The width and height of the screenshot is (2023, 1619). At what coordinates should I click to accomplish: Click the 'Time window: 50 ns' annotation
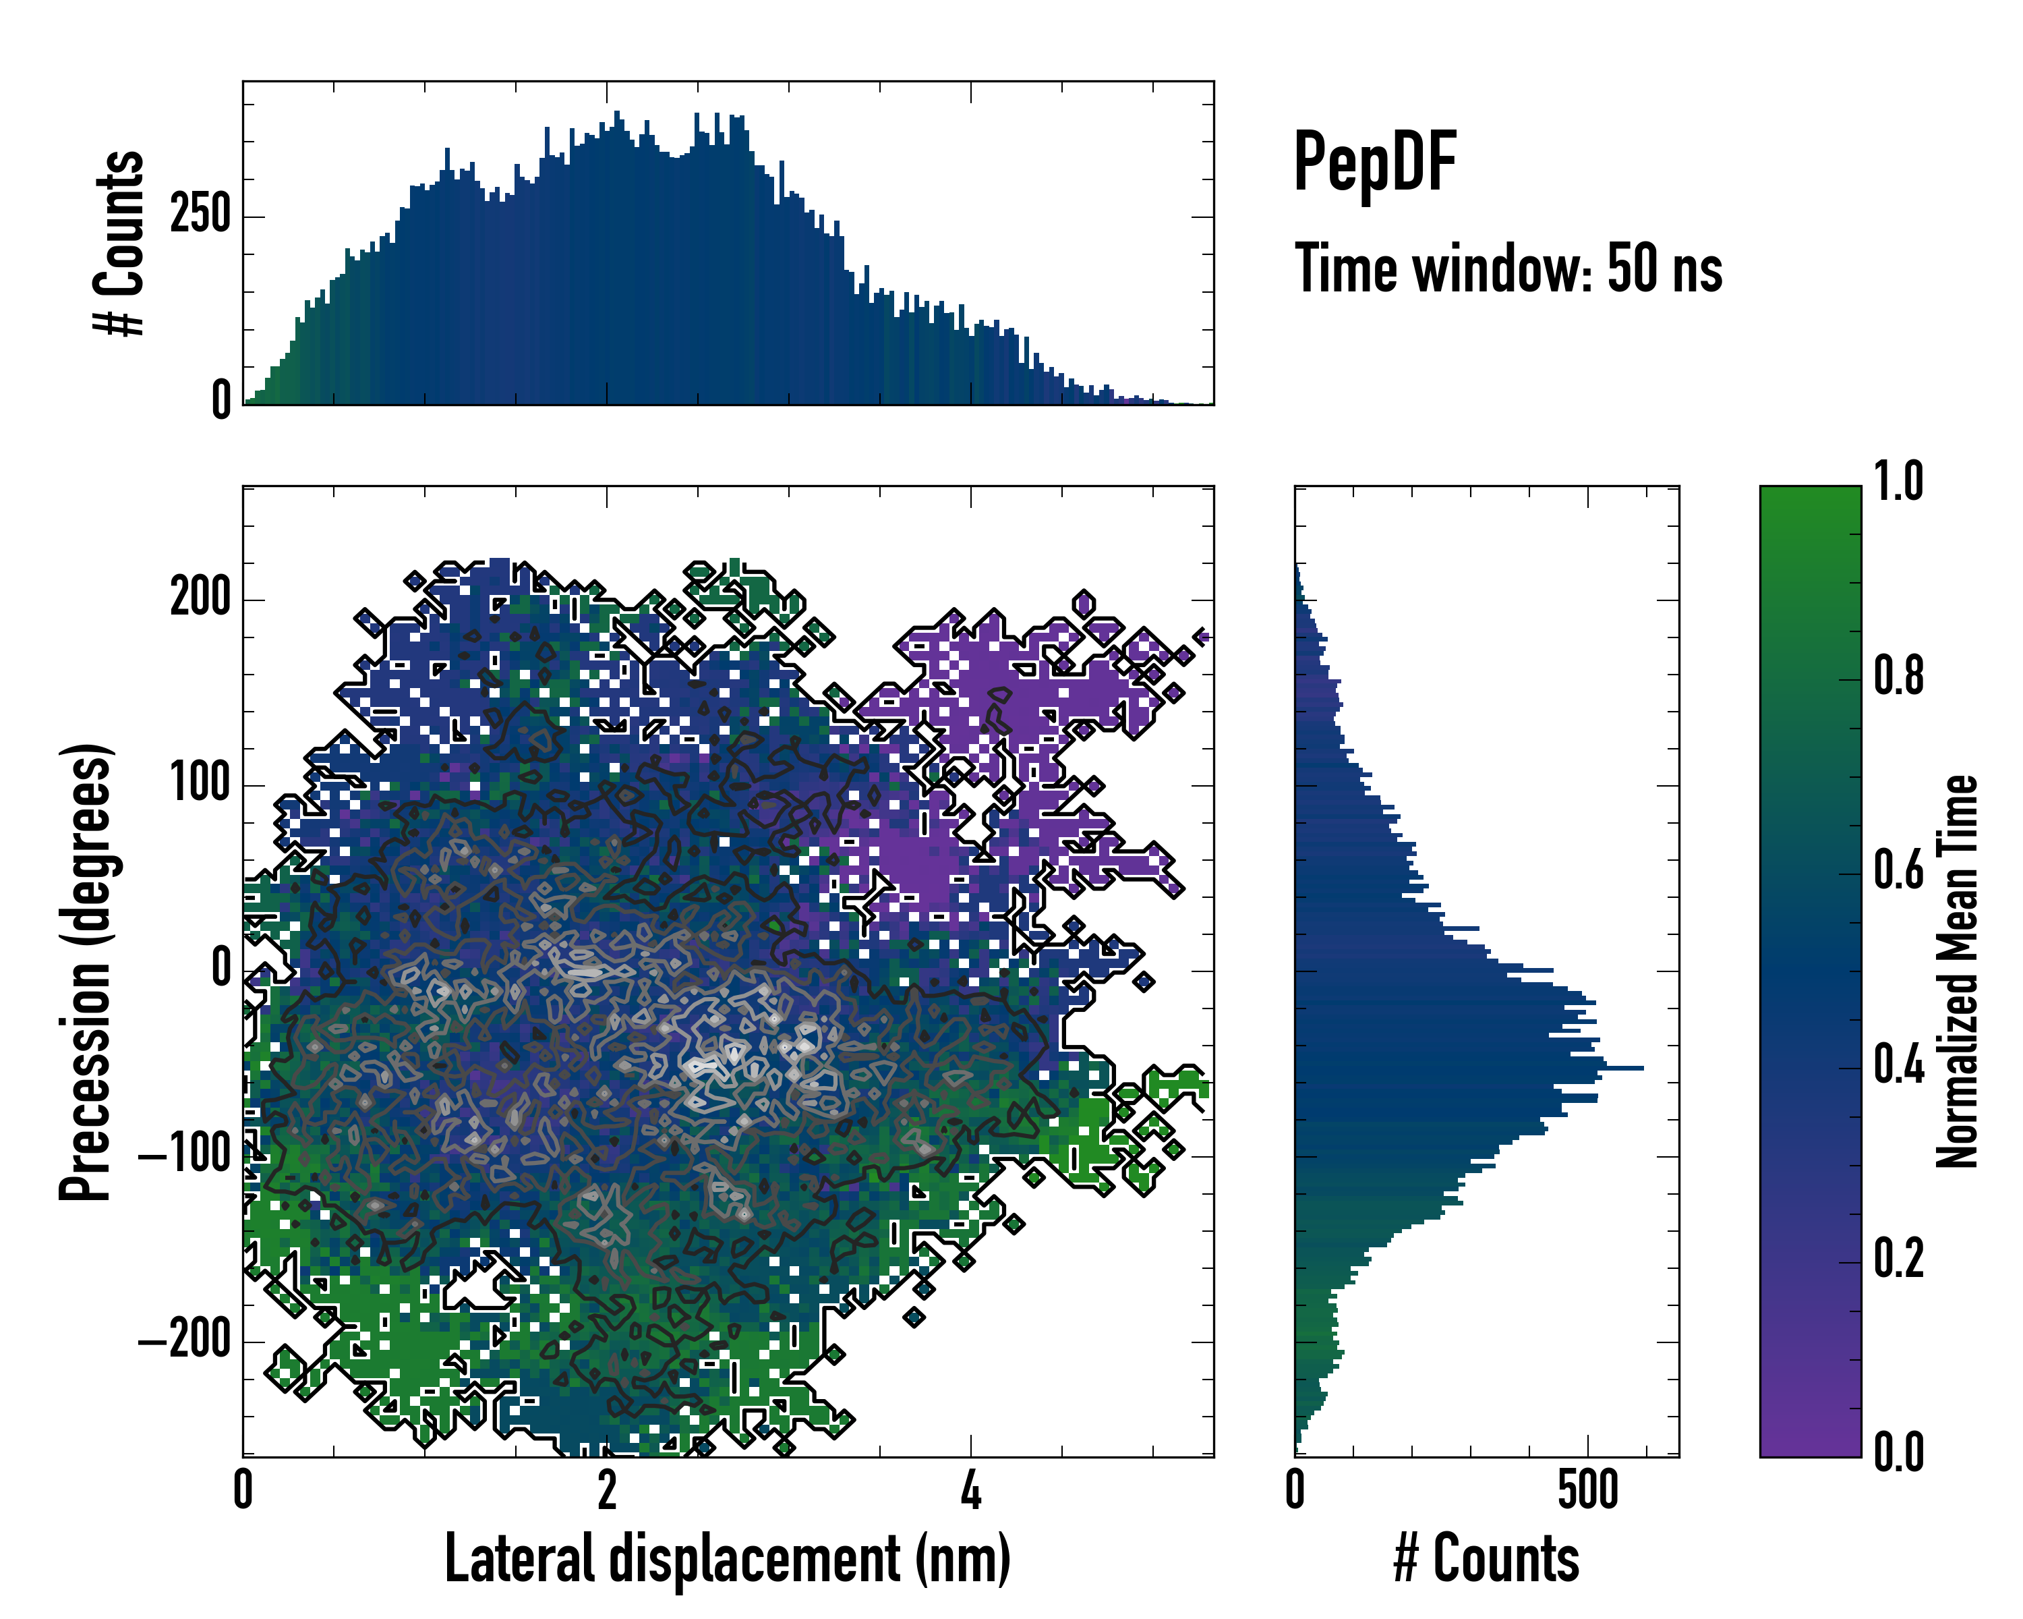click(1508, 269)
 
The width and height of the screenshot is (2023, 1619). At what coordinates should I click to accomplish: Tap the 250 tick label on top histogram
click(201, 216)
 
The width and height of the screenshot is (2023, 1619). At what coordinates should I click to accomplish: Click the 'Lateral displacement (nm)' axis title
click(727, 1559)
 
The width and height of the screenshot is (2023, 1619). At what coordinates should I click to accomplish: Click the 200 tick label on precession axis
click(201, 598)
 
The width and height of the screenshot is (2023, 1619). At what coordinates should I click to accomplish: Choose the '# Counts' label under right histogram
click(1486, 1559)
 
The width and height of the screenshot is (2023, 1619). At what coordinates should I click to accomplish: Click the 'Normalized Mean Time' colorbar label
click(1958, 971)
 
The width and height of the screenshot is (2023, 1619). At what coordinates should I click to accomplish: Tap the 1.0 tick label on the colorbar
click(1898, 482)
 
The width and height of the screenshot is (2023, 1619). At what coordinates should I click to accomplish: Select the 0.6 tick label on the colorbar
click(1898, 871)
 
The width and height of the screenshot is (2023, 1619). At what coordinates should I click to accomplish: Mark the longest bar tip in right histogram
click(1641, 1068)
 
